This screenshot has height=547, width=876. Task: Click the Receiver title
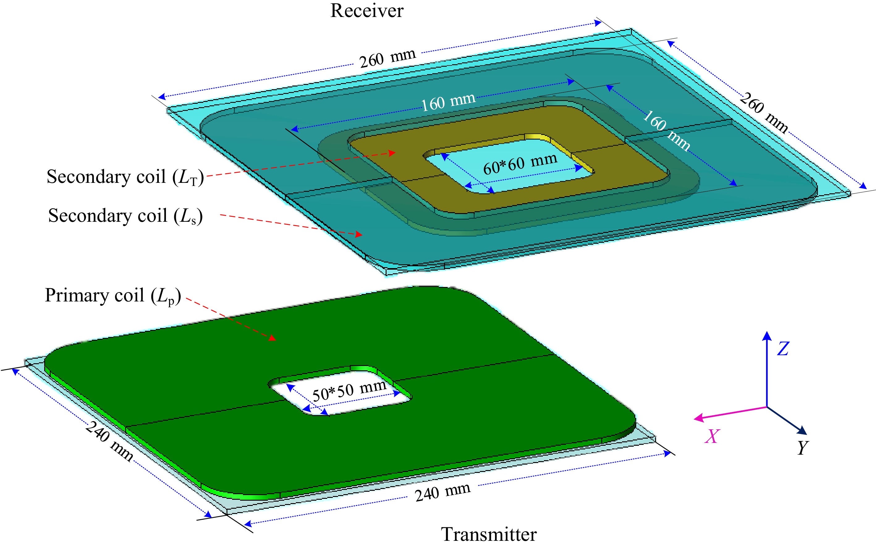(366, 11)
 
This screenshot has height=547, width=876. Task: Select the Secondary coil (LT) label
(125, 177)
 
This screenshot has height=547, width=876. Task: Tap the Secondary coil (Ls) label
(125, 216)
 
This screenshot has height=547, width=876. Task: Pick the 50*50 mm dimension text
(349, 390)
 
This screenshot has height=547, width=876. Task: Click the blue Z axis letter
(783, 349)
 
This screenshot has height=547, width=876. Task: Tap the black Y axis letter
(803, 448)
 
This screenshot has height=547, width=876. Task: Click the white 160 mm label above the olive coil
(448, 101)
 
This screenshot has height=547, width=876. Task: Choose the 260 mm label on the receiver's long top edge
(387, 58)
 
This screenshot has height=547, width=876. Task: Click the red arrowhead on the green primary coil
(272, 338)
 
